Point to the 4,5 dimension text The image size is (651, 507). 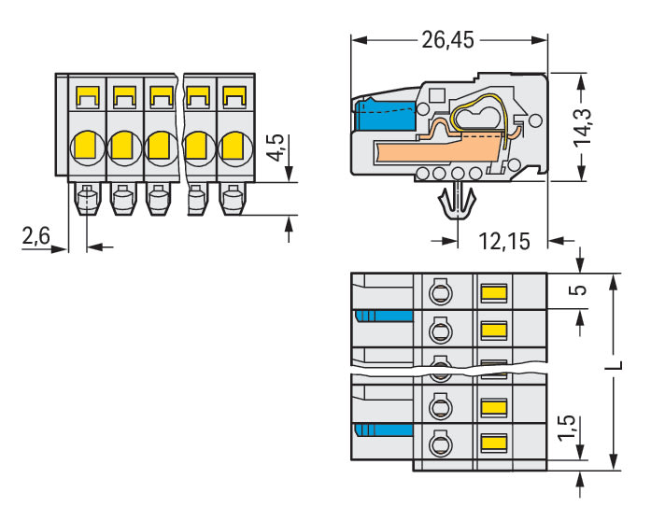(x=274, y=148)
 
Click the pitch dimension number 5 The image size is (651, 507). (x=579, y=290)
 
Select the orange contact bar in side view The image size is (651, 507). (x=430, y=148)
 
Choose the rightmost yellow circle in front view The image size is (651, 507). (x=233, y=146)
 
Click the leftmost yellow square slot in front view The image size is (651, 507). (x=87, y=95)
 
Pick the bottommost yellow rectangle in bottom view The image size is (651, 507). (x=493, y=443)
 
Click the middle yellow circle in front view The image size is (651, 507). (x=160, y=145)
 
